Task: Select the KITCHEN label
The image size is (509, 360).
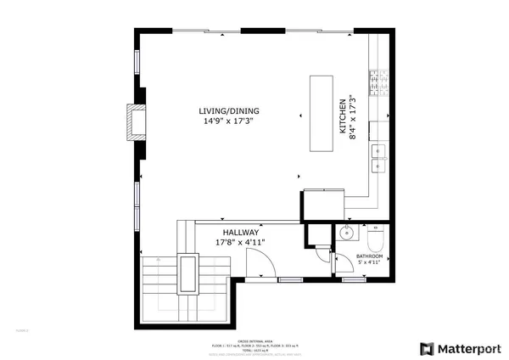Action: tap(344, 116)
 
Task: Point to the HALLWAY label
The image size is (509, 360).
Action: tap(241, 232)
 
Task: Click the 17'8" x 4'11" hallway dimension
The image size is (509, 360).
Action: tap(241, 242)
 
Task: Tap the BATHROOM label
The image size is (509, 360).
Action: tap(370, 256)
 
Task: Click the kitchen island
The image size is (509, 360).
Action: tap(321, 113)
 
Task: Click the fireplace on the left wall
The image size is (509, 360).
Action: tap(134, 121)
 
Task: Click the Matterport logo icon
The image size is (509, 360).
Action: tap(426, 348)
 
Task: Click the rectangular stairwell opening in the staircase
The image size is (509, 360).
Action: tap(187, 273)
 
